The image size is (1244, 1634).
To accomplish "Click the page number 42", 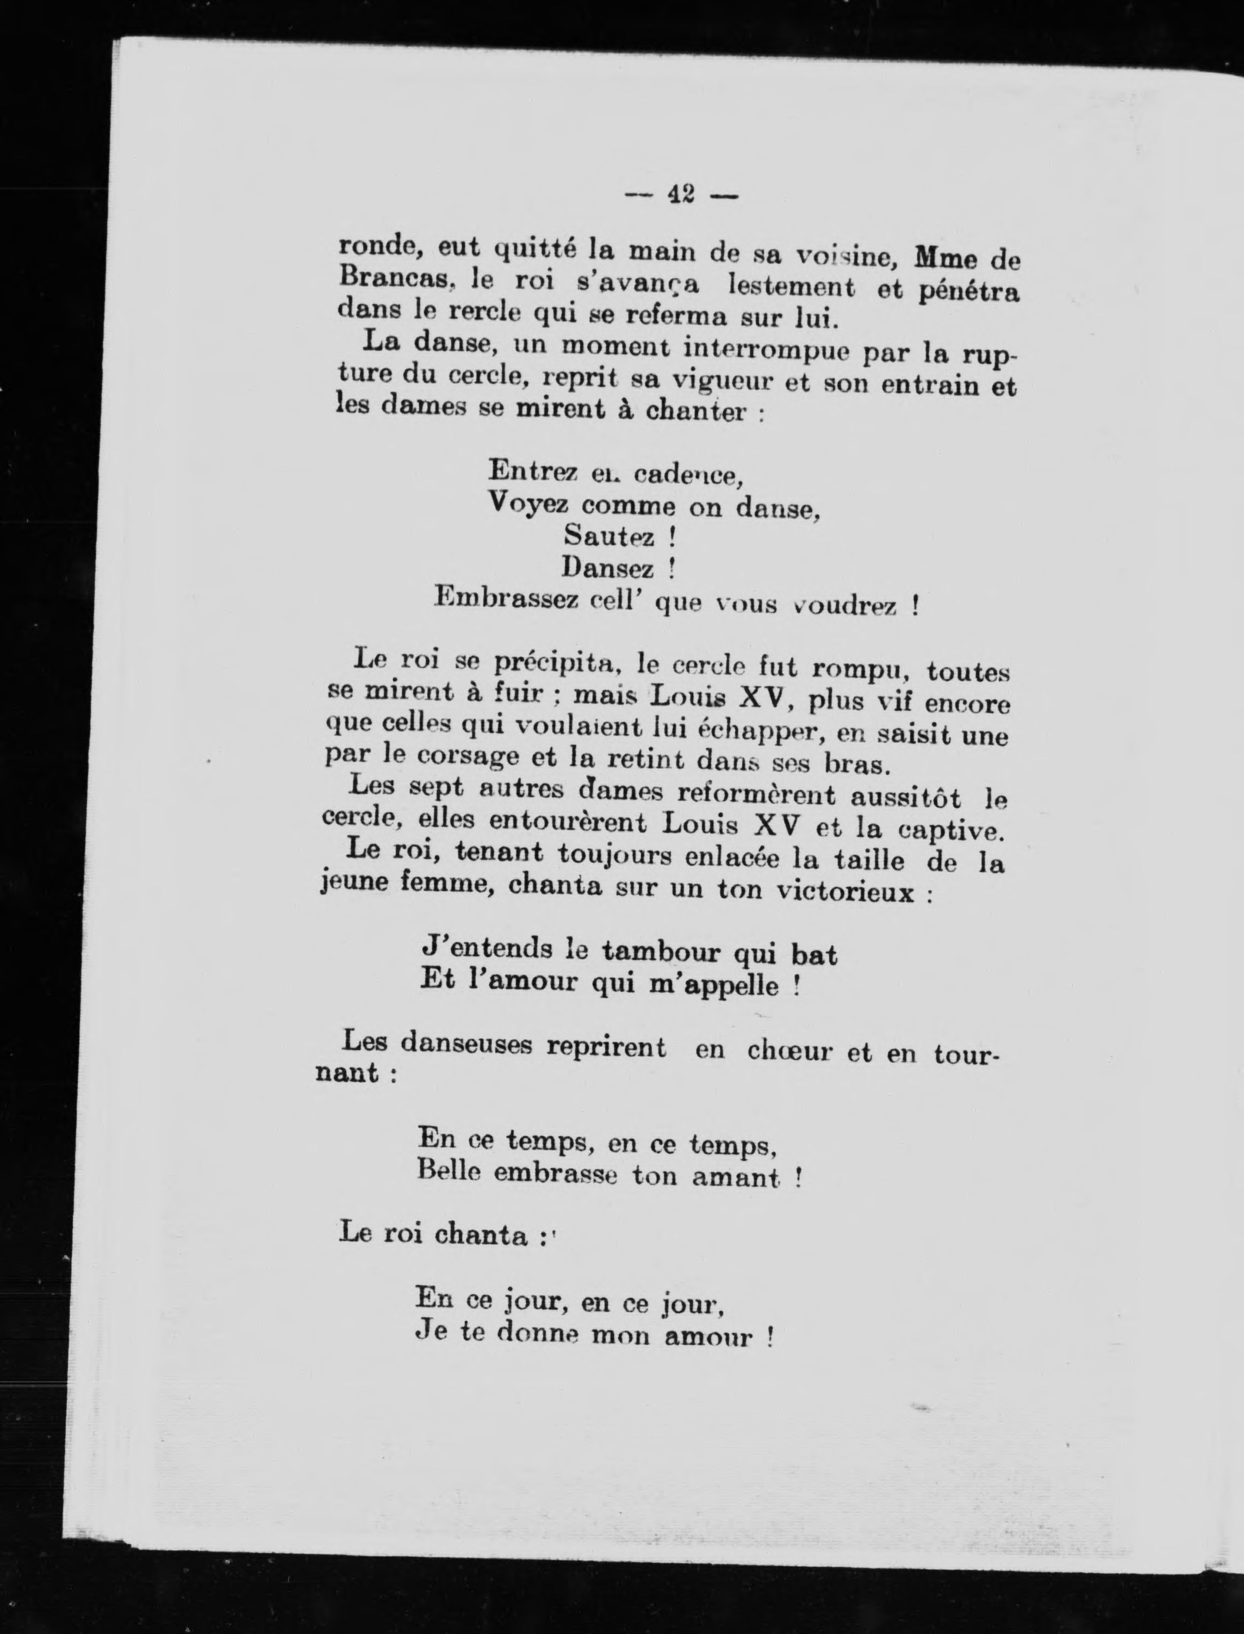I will click(681, 194).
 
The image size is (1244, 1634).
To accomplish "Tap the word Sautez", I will click(608, 535).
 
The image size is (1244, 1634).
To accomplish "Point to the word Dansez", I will click(608, 569).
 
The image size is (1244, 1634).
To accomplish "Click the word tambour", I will click(659, 952).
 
